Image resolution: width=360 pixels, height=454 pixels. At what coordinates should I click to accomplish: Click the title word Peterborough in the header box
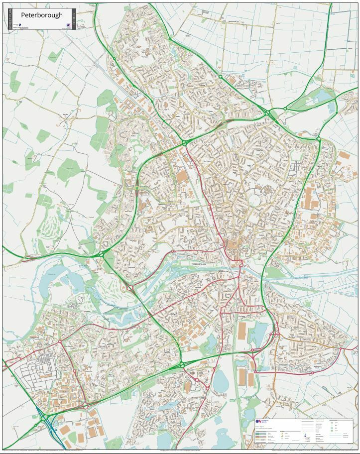pyautogui.click(x=42, y=15)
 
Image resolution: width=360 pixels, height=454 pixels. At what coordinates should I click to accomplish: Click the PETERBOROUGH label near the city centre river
pyautogui.click(x=201, y=264)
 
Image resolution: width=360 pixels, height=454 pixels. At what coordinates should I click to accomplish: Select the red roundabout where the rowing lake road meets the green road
pyautogui.click(x=129, y=287)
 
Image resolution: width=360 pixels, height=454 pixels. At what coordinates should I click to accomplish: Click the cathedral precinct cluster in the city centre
pyautogui.click(x=233, y=245)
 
